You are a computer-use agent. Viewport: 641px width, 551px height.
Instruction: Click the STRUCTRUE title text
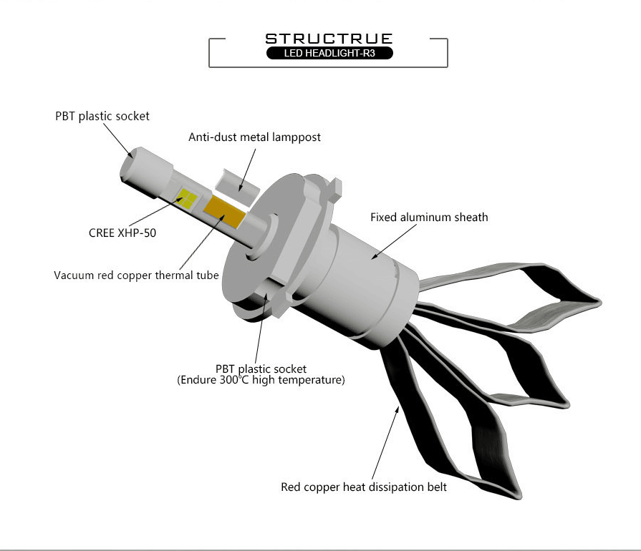pyautogui.click(x=329, y=39)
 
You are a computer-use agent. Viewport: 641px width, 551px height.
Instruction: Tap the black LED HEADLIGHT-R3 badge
pyautogui.click(x=329, y=53)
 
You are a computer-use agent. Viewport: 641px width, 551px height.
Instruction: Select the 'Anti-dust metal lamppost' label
pyautogui.click(x=254, y=137)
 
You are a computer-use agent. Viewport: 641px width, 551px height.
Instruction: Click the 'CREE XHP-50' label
pyautogui.click(x=122, y=233)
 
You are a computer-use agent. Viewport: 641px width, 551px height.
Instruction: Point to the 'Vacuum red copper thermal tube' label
pyautogui.click(x=136, y=275)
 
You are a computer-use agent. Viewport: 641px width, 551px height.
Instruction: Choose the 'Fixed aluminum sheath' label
pyautogui.click(x=429, y=218)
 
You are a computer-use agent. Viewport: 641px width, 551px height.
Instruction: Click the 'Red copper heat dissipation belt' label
pyautogui.click(x=364, y=487)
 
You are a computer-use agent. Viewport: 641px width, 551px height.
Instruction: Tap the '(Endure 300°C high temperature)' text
pyautogui.click(x=261, y=380)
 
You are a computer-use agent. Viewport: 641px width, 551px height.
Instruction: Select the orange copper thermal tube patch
pyautogui.click(x=224, y=211)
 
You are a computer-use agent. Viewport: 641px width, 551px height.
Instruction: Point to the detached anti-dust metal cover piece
pyautogui.click(x=237, y=186)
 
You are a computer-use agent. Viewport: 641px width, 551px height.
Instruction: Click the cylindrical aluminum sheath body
pyautogui.click(x=360, y=282)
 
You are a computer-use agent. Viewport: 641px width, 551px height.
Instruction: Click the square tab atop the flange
pyautogui.click(x=334, y=187)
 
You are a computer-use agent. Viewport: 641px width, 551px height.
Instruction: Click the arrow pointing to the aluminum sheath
pyautogui.click(x=394, y=241)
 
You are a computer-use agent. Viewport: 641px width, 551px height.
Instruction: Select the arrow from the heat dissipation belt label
pyautogui.click(x=386, y=442)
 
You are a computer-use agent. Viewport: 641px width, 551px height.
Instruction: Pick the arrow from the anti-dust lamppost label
pyautogui.click(x=247, y=170)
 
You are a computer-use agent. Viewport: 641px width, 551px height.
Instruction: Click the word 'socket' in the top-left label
pyautogui.click(x=133, y=117)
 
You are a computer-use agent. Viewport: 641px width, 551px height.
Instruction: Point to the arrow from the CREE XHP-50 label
pyautogui.click(x=156, y=212)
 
